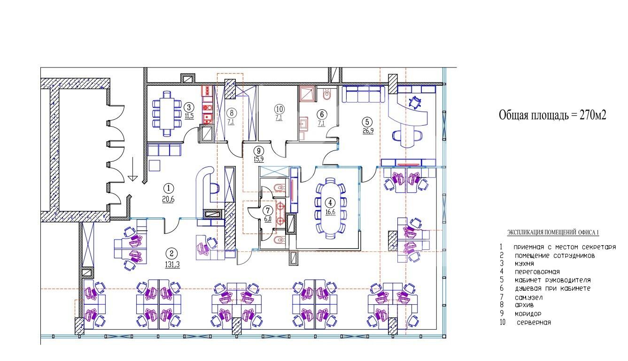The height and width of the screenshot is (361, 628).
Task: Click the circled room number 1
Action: (168, 188)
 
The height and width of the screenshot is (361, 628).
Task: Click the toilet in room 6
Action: (328, 96)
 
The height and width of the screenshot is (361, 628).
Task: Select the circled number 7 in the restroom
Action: (268, 210)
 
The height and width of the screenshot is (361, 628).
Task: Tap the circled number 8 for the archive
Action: (231, 113)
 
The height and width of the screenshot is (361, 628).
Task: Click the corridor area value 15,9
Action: (258, 159)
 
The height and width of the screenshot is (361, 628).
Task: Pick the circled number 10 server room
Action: (278, 109)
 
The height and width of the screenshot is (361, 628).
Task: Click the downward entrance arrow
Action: (133, 170)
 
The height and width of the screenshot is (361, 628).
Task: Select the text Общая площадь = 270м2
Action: (552, 115)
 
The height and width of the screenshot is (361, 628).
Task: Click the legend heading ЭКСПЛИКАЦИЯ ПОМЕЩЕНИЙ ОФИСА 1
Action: (553, 233)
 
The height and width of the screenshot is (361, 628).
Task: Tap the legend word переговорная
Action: (536, 272)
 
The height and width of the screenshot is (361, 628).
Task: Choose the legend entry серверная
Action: (534, 323)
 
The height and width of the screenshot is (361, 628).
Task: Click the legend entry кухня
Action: (525, 263)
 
